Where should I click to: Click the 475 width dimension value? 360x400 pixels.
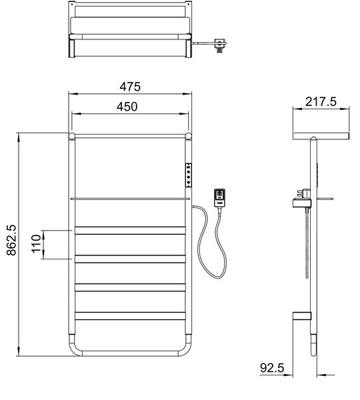[x=130, y=87]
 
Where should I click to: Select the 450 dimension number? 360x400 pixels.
[x=127, y=107]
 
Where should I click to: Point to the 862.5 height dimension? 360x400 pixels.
[x=11, y=240]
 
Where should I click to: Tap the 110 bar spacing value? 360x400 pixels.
[x=36, y=244]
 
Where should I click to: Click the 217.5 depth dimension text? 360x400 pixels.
[x=321, y=101]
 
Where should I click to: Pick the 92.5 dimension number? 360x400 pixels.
[x=272, y=368]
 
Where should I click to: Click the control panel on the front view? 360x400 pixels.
[x=189, y=175]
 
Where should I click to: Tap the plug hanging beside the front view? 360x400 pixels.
[x=219, y=198]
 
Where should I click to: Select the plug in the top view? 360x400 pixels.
[x=220, y=45]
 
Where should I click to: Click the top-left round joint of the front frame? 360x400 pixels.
[x=72, y=136]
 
